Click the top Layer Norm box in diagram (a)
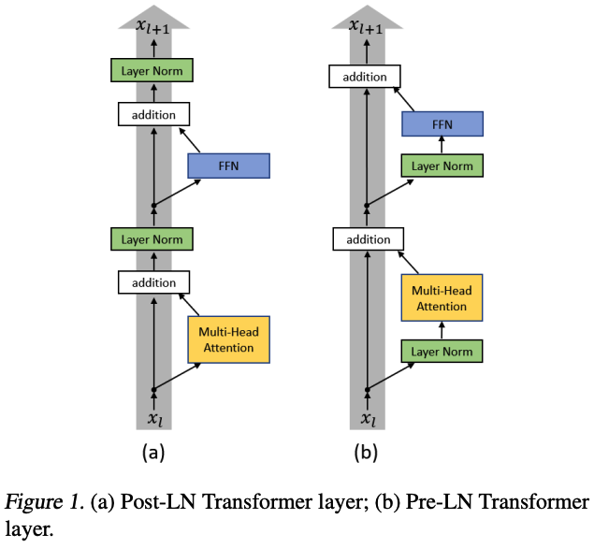tap(153, 70)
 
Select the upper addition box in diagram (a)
tap(153, 115)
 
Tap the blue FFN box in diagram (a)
tap(228, 166)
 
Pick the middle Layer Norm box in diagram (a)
tap(153, 238)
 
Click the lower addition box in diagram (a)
tap(153, 281)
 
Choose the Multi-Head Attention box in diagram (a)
tap(228, 339)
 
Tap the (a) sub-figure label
tap(153, 454)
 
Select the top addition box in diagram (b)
tap(367, 76)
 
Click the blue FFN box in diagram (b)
tap(442, 123)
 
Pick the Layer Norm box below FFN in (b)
tap(442, 166)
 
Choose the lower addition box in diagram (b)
tap(367, 239)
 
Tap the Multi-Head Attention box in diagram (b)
tap(442, 298)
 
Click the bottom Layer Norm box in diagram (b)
tap(442, 351)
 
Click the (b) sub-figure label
tap(366, 454)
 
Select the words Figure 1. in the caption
tap(44, 502)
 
